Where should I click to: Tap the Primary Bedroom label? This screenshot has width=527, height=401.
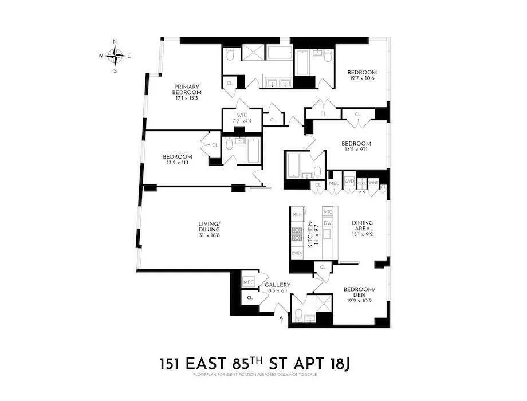coord(188,92)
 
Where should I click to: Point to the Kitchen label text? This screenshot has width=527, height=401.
coord(311,234)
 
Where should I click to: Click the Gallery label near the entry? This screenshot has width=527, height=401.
coord(277,285)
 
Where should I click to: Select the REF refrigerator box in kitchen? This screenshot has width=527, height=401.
coord(297,214)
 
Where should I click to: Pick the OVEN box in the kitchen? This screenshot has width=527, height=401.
coord(297,253)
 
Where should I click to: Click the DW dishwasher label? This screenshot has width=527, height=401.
coord(327,223)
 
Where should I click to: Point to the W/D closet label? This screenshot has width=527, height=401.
coord(349,182)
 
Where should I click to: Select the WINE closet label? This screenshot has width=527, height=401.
coord(373,182)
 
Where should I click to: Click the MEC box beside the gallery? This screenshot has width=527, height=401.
coord(248,282)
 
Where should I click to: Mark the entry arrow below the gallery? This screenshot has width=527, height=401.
coord(280,319)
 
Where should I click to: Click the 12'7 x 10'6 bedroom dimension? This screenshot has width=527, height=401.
coord(361,78)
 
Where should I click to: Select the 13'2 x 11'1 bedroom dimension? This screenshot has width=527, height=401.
coord(177,163)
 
